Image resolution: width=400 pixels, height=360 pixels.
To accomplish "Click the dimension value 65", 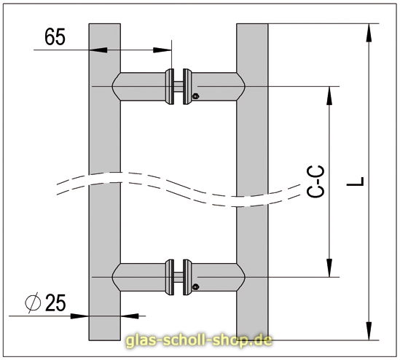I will tap(55, 37).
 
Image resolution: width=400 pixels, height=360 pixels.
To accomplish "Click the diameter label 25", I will tap(55, 302).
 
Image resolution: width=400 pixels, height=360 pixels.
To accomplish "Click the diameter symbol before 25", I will tap(33, 302).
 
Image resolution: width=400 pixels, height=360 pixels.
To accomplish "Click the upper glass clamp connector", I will tap(179, 86).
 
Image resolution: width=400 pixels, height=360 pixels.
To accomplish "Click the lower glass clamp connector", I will tap(179, 276).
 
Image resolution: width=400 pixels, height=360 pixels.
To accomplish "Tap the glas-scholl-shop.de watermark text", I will tap(199, 341).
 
